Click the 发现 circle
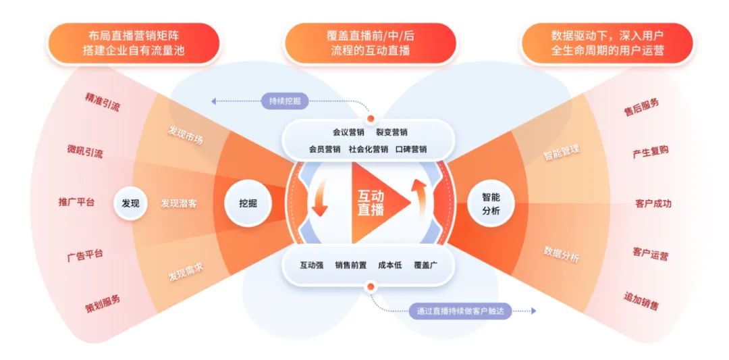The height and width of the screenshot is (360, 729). click(x=130, y=203)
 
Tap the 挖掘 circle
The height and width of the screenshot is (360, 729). click(x=247, y=203)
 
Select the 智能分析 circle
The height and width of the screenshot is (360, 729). click(x=491, y=203)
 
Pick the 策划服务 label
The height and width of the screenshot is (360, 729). click(x=103, y=302)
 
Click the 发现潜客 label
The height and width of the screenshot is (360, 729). click(x=179, y=203)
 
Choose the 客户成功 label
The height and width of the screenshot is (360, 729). click(x=653, y=203)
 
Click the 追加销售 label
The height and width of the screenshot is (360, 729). click(x=641, y=301)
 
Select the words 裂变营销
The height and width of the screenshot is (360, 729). click(x=391, y=132)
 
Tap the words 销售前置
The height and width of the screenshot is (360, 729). click(x=351, y=265)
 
